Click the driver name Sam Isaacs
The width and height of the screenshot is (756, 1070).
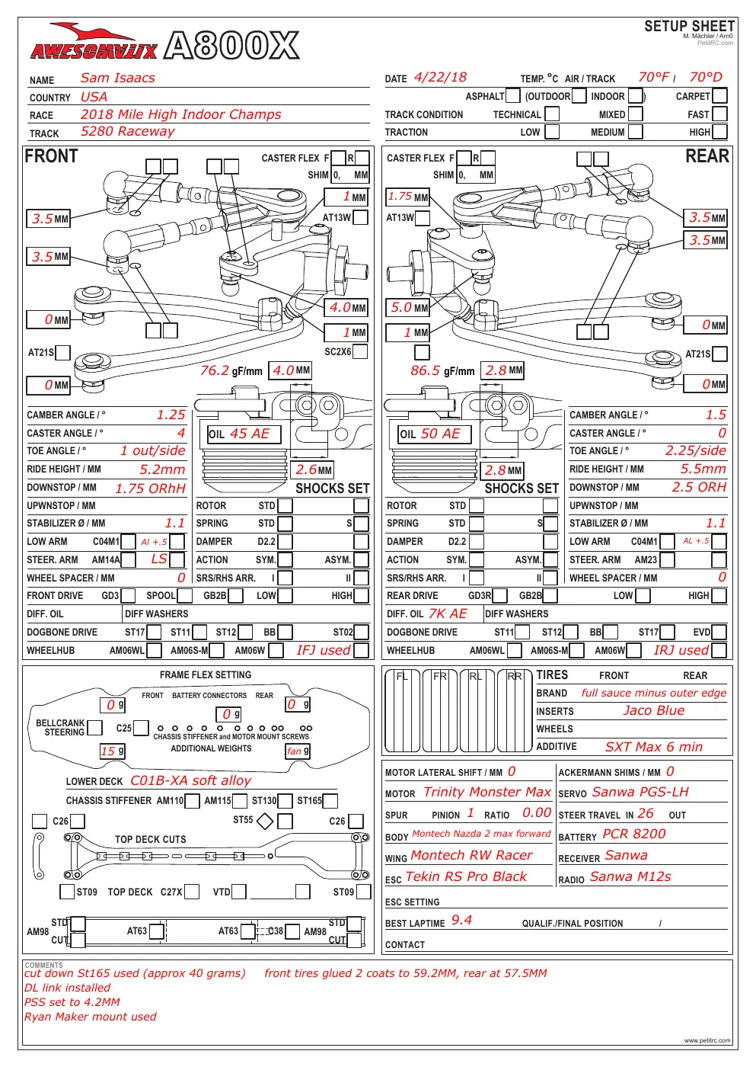[x=118, y=78]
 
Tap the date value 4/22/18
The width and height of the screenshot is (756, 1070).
[x=440, y=78]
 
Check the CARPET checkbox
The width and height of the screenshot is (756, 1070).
[x=719, y=96]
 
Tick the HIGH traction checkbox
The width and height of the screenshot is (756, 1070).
[x=719, y=132]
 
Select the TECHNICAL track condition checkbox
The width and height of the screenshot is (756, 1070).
[x=552, y=114]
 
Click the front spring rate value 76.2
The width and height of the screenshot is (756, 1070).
[x=214, y=370]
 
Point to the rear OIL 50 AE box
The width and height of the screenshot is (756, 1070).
[x=435, y=434]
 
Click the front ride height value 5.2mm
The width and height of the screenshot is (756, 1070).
[x=162, y=469]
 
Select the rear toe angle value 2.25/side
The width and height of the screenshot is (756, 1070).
[x=696, y=450]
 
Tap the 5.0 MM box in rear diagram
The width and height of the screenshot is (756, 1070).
[x=407, y=308]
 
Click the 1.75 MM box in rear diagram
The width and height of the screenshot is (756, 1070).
[x=407, y=197]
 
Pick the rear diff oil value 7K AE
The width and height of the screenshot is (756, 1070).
[x=448, y=613]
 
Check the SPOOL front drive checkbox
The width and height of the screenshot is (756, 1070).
[x=184, y=596]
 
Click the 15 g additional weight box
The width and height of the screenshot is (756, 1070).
[x=113, y=751]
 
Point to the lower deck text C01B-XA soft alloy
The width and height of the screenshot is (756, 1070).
[x=191, y=780]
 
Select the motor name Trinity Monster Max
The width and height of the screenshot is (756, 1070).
[x=487, y=792]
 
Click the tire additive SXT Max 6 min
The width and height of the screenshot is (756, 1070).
[x=654, y=747]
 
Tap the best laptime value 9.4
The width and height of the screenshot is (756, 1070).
[x=461, y=920]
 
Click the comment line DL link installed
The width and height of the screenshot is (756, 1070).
[x=67, y=988]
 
